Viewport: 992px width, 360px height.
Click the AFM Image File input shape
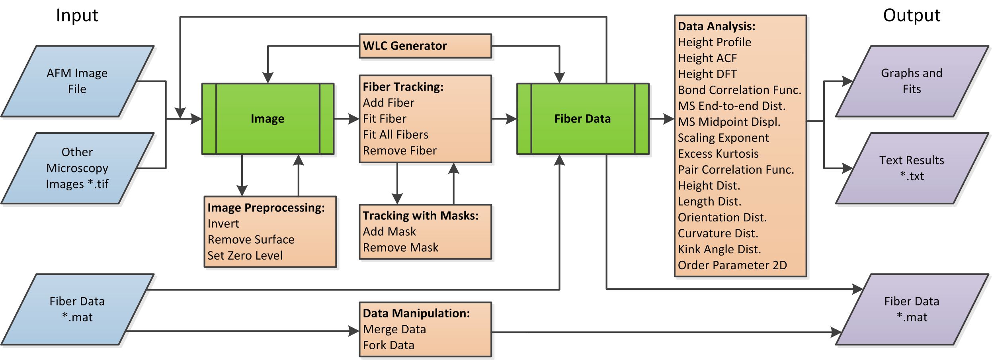[x=77, y=81]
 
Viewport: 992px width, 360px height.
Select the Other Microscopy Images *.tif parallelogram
[x=77, y=168]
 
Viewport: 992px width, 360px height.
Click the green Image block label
[x=268, y=119]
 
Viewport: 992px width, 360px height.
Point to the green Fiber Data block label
[x=582, y=119]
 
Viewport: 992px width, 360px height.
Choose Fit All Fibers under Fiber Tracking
[x=396, y=135]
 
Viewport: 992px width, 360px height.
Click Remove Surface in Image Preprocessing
[x=251, y=239]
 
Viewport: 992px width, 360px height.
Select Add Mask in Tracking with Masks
[x=389, y=231]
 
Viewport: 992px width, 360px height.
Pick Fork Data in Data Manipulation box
[x=389, y=345]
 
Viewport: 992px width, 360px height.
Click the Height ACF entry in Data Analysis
[x=707, y=58]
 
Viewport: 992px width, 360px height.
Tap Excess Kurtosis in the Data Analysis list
[x=718, y=154]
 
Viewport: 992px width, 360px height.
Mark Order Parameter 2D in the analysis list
[x=732, y=265]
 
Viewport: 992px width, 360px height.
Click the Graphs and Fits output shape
[x=912, y=81]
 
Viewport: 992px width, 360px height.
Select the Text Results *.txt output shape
[x=912, y=168]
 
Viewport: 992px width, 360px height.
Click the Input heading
[x=77, y=16]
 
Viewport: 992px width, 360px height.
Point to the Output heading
[x=912, y=16]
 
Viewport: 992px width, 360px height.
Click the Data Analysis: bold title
[x=717, y=26]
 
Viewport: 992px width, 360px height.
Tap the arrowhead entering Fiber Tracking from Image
[x=354, y=119]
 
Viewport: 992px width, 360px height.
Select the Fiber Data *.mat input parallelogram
[x=77, y=309]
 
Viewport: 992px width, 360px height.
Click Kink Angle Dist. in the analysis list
[x=719, y=249]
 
